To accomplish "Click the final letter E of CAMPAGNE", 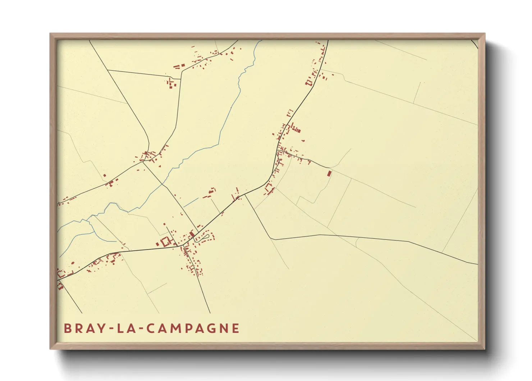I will click(236, 328).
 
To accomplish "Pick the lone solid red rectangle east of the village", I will click(329, 174).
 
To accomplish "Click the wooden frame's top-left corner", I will click(50, 34).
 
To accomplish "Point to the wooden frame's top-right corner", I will click(485, 34).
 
